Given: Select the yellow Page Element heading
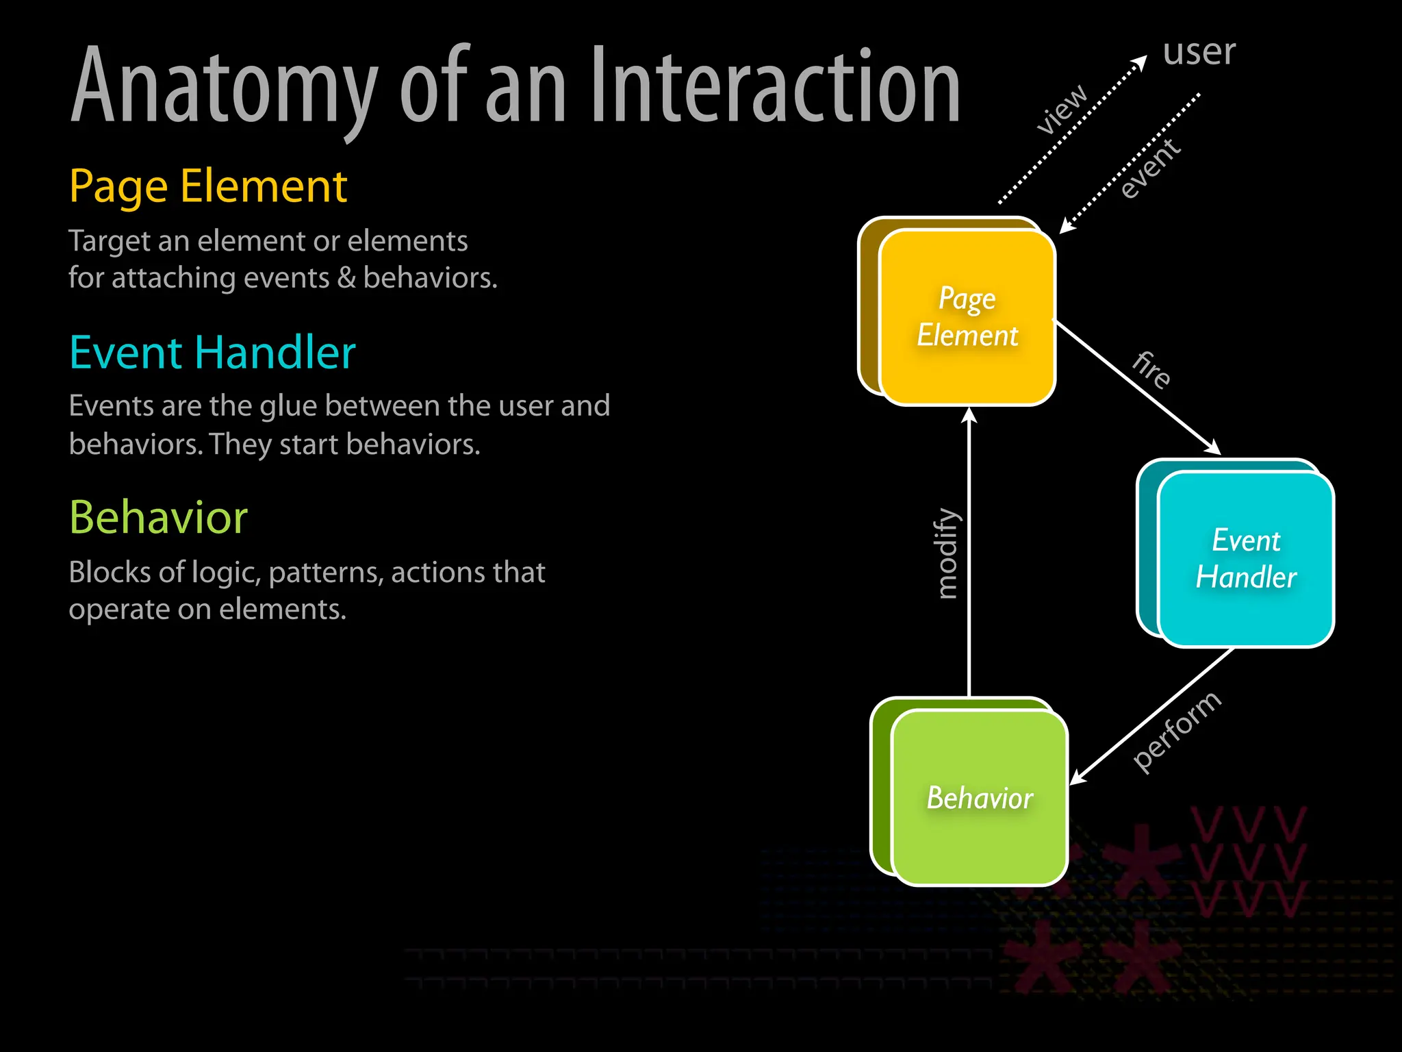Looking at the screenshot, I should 208,186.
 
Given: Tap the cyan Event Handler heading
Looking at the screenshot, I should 212,353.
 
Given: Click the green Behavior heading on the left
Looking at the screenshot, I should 158,517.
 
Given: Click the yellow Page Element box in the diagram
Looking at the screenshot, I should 967,317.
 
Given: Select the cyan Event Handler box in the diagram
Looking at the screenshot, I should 1245,559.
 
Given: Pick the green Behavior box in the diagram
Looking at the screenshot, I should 980,798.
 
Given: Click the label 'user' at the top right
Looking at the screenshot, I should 1199,52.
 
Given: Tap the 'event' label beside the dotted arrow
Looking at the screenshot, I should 1150,168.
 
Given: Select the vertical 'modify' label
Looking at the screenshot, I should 947,553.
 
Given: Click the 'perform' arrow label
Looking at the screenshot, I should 1176,731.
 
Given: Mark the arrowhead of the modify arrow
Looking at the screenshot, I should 969,415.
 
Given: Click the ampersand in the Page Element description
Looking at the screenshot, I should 346,278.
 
